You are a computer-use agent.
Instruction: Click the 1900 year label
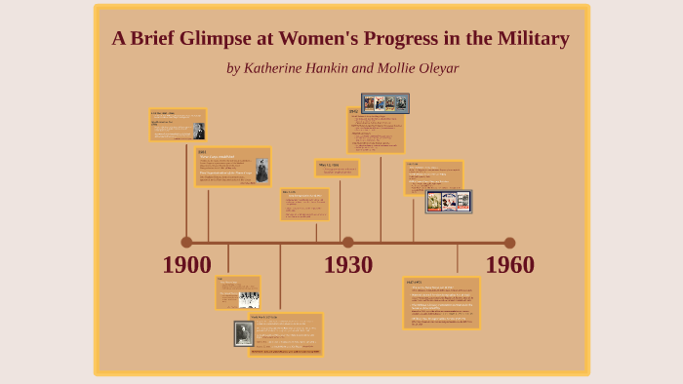point(186,265)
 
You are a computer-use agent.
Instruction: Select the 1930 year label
point(348,265)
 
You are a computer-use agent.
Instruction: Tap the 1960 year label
point(509,265)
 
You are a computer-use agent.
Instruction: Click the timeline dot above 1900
point(186,243)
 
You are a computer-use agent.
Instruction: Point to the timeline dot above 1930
point(348,243)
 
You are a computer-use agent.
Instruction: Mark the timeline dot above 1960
point(509,243)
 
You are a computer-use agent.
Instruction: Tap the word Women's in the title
point(347,40)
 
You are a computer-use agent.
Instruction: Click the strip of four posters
point(384,102)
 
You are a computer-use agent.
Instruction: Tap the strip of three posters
point(449,202)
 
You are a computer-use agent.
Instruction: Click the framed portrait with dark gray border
point(243,334)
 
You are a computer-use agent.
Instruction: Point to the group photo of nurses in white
point(248,298)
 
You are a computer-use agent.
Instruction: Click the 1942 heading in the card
point(353,112)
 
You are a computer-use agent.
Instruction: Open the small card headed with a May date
point(337,168)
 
